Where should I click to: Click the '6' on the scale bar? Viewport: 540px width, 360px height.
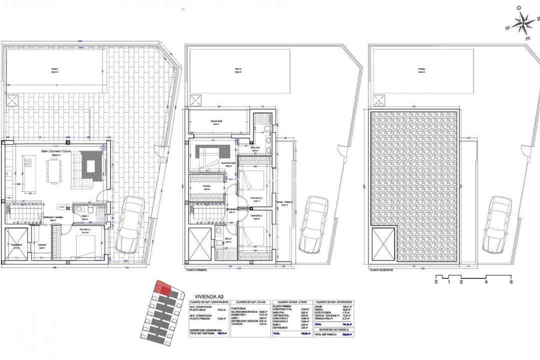(x=511, y=281)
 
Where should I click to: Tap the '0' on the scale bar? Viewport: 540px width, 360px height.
(x=436, y=281)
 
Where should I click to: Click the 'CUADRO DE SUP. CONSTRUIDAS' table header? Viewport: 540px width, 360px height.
(x=209, y=302)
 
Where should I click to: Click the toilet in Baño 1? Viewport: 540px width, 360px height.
(x=77, y=208)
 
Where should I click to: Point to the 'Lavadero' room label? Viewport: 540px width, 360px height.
(x=42, y=244)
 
